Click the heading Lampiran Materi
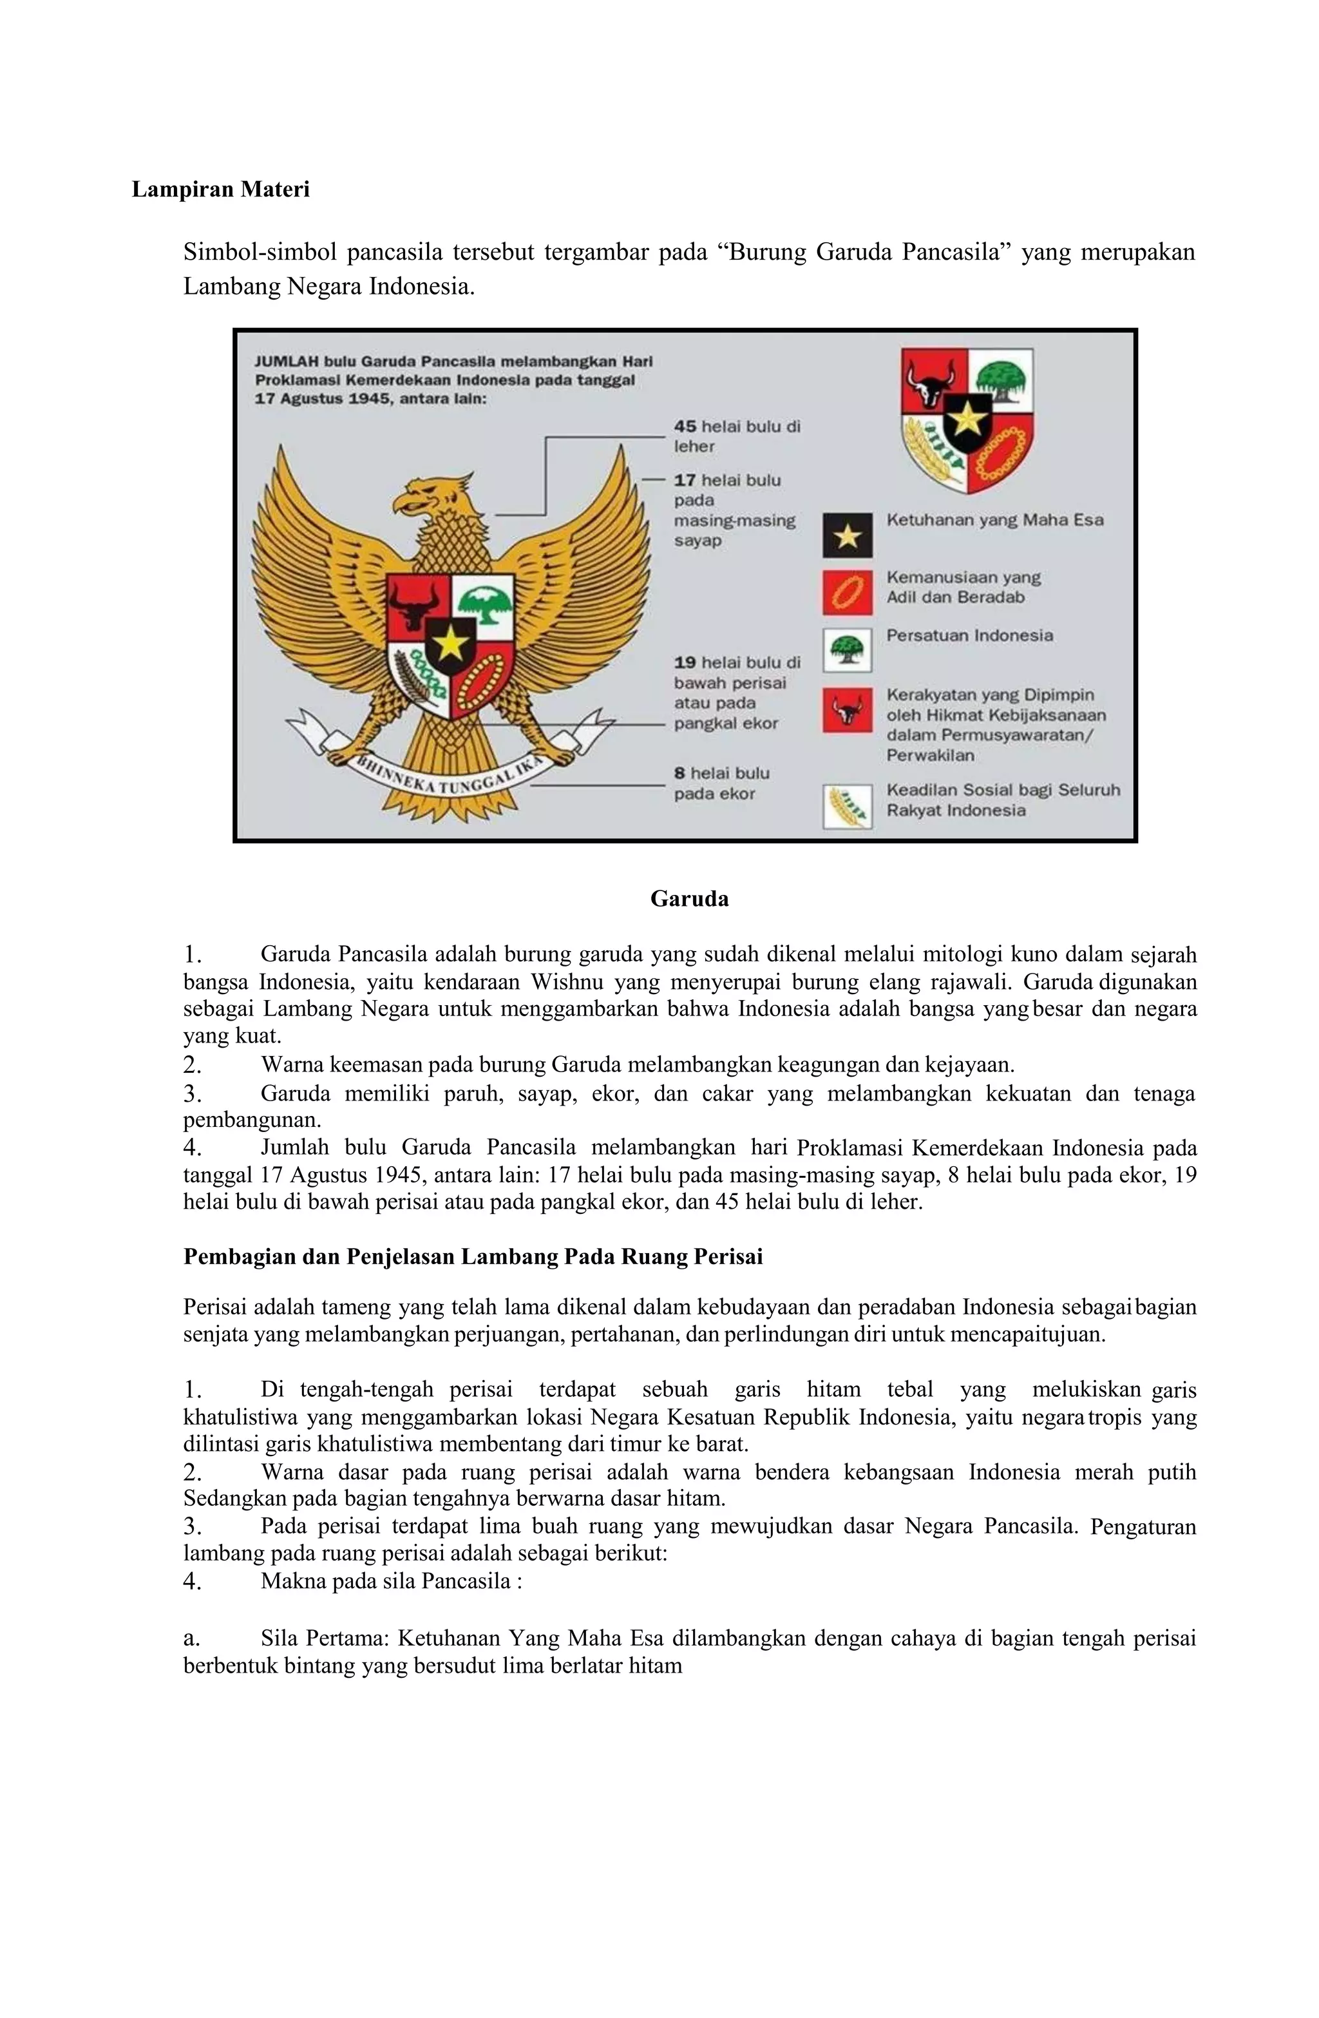(220, 189)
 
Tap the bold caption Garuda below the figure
(688, 899)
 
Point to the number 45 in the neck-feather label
(685, 427)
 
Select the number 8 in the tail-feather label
(679, 773)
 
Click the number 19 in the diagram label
(685, 662)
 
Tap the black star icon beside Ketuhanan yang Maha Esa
(846, 536)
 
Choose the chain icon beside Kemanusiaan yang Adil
(846, 592)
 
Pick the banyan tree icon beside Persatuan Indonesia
(846, 650)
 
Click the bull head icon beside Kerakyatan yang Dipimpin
(846, 709)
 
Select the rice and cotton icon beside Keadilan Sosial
(846, 807)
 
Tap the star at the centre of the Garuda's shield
(450, 644)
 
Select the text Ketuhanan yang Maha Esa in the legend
(994, 520)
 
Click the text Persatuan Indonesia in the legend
(969, 635)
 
